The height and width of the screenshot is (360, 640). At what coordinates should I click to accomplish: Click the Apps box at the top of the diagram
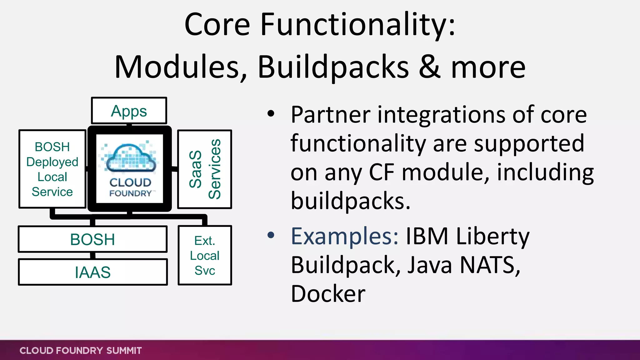[129, 111]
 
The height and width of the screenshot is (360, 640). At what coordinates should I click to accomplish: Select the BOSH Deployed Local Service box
[52, 169]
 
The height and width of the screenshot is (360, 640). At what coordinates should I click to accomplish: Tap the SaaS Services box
[205, 169]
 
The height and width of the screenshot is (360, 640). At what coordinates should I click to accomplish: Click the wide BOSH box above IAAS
[92, 239]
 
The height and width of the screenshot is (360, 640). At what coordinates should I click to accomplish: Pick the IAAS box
[92, 272]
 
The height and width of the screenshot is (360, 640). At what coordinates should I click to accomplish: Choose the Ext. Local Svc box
[205, 255]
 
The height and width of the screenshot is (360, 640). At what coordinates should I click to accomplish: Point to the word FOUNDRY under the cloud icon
[130, 193]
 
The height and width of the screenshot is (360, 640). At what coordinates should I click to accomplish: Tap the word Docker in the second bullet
[328, 294]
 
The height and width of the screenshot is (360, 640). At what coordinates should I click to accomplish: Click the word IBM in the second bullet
[427, 236]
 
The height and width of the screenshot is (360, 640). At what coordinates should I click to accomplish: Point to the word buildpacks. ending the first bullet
[350, 201]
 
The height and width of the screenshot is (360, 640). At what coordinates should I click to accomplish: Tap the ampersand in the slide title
[430, 67]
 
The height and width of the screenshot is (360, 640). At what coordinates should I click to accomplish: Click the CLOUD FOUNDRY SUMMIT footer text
[81, 351]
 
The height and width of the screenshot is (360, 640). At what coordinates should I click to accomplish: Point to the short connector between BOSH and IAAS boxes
[92, 256]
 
